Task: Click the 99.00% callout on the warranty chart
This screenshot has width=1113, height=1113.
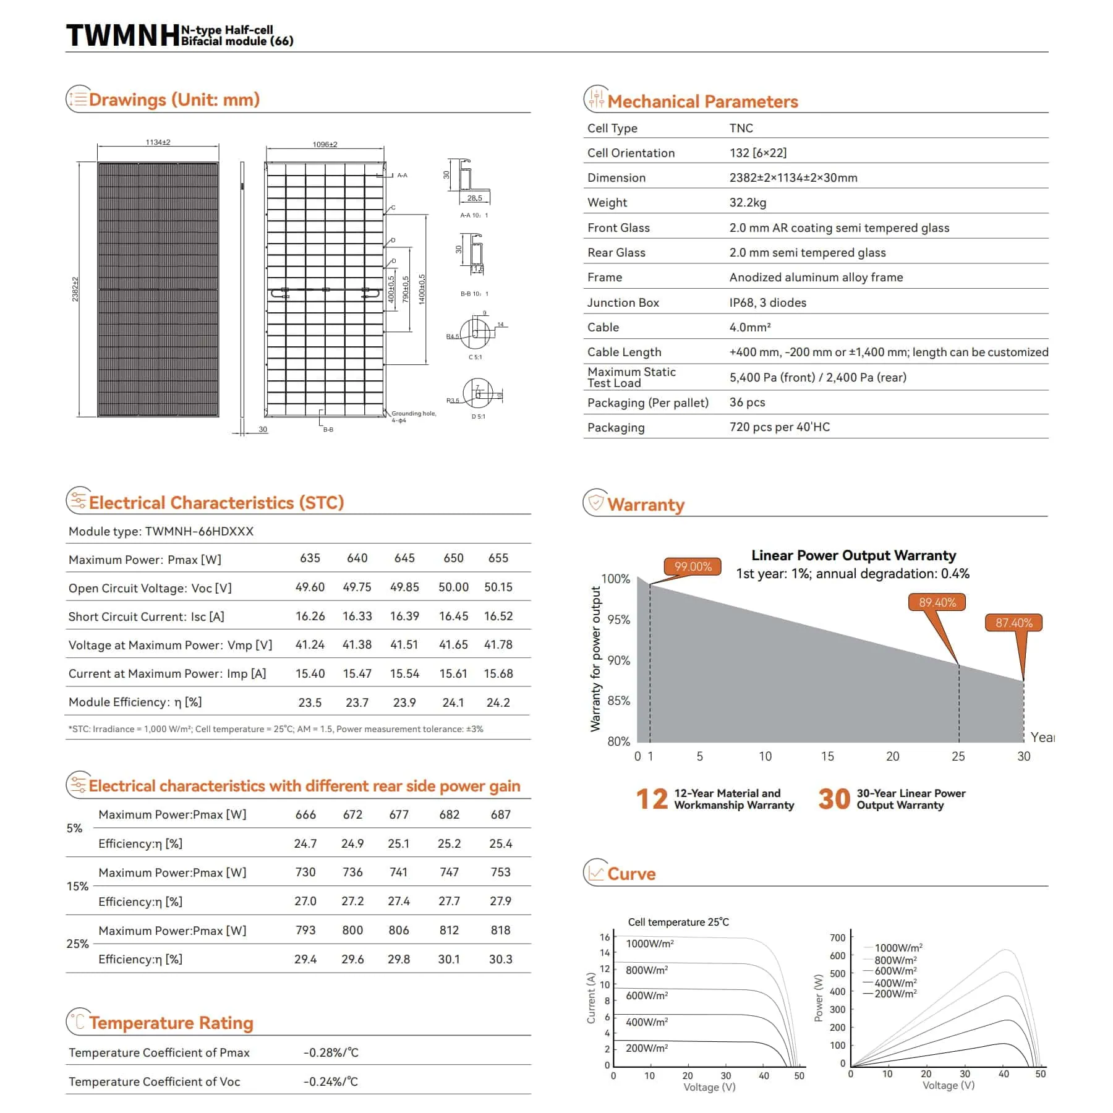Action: [693, 566]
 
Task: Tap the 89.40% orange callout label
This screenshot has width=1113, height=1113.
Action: [937, 602]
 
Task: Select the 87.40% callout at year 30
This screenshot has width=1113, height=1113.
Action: [1013, 623]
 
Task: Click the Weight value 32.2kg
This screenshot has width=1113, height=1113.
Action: [748, 203]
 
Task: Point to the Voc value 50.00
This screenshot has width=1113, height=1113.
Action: [453, 587]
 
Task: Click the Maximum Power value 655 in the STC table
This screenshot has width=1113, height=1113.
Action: [498, 558]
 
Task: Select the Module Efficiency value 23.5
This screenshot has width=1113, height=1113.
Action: [310, 702]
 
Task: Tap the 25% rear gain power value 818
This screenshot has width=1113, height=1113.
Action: [500, 931]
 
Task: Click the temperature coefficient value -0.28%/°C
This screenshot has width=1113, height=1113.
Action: [331, 1052]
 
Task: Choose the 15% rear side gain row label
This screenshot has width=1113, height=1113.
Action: [77, 886]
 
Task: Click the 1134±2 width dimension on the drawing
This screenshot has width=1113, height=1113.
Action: [158, 142]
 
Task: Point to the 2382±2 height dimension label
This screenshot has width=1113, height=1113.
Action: [75, 289]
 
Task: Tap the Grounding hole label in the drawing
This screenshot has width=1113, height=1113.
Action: [414, 414]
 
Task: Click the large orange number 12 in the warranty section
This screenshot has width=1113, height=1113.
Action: [652, 799]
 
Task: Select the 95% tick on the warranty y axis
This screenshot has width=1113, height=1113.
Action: [618, 620]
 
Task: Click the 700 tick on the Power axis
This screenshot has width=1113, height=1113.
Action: [837, 938]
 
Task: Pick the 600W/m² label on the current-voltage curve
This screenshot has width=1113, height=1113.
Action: [647, 996]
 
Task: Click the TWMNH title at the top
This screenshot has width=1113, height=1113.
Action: [122, 36]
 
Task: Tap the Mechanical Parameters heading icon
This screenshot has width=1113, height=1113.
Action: [595, 99]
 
